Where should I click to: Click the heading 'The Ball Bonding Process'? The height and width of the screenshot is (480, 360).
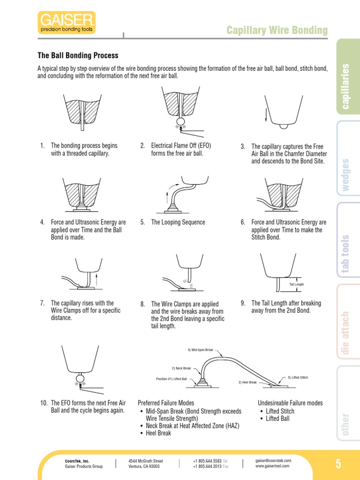pos(78,56)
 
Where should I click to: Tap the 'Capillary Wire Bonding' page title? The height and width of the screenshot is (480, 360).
pos(277,30)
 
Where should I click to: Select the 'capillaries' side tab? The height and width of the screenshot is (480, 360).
pos(346,86)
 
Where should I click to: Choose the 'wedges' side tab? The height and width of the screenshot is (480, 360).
pos(346,175)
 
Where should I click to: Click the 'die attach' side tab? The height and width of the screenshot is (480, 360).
pos(346,332)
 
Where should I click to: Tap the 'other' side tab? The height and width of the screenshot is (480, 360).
pos(346,424)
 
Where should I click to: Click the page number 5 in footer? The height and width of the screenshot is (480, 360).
pos(338,464)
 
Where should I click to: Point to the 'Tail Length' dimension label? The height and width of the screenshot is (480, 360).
pos(296,285)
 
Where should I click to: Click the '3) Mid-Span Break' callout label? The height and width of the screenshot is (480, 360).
pos(200,350)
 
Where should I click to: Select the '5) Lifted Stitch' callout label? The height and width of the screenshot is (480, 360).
pos(298,377)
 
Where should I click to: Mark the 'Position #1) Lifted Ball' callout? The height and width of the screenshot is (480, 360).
pos(174,379)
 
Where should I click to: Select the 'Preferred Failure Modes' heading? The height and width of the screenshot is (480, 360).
pos(166,403)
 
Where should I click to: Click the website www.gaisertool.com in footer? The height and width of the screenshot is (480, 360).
pos(272,466)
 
